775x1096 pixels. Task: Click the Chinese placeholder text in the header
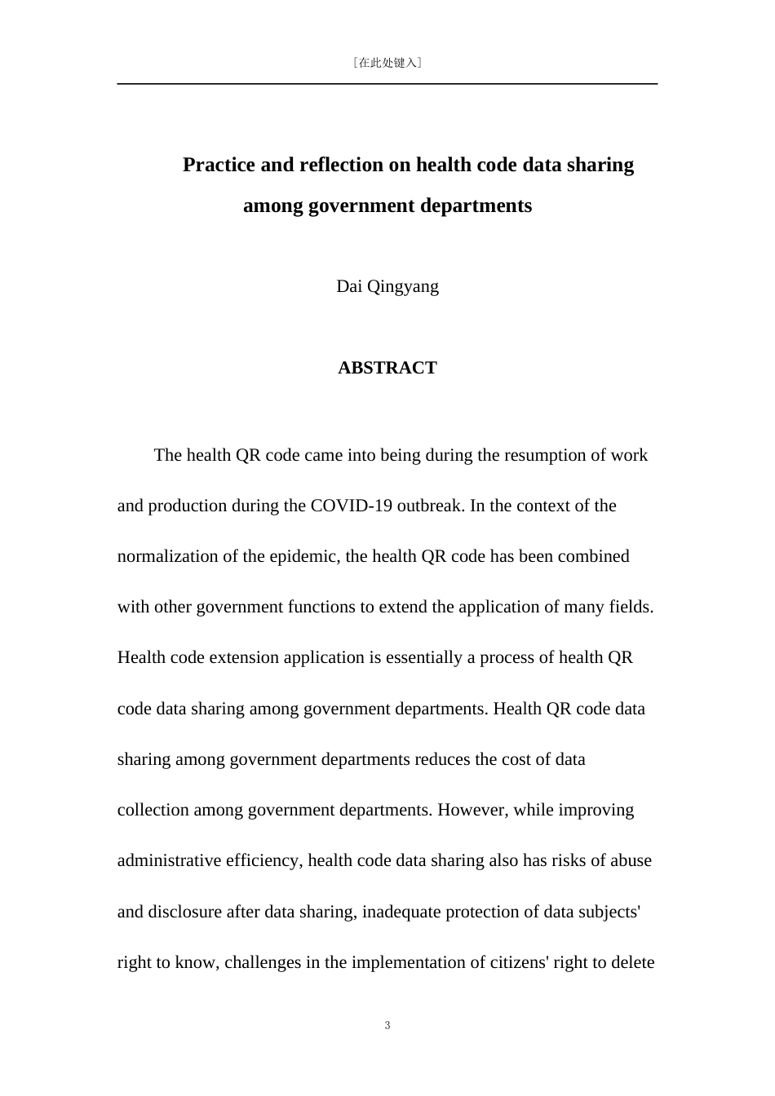tap(387, 62)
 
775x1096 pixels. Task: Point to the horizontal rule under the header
tap(387, 83)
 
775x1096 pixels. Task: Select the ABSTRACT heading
tap(387, 368)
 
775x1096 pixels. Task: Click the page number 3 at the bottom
tap(387, 1026)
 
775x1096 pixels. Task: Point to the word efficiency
tap(263, 860)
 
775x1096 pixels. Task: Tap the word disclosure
tap(185, 912)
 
